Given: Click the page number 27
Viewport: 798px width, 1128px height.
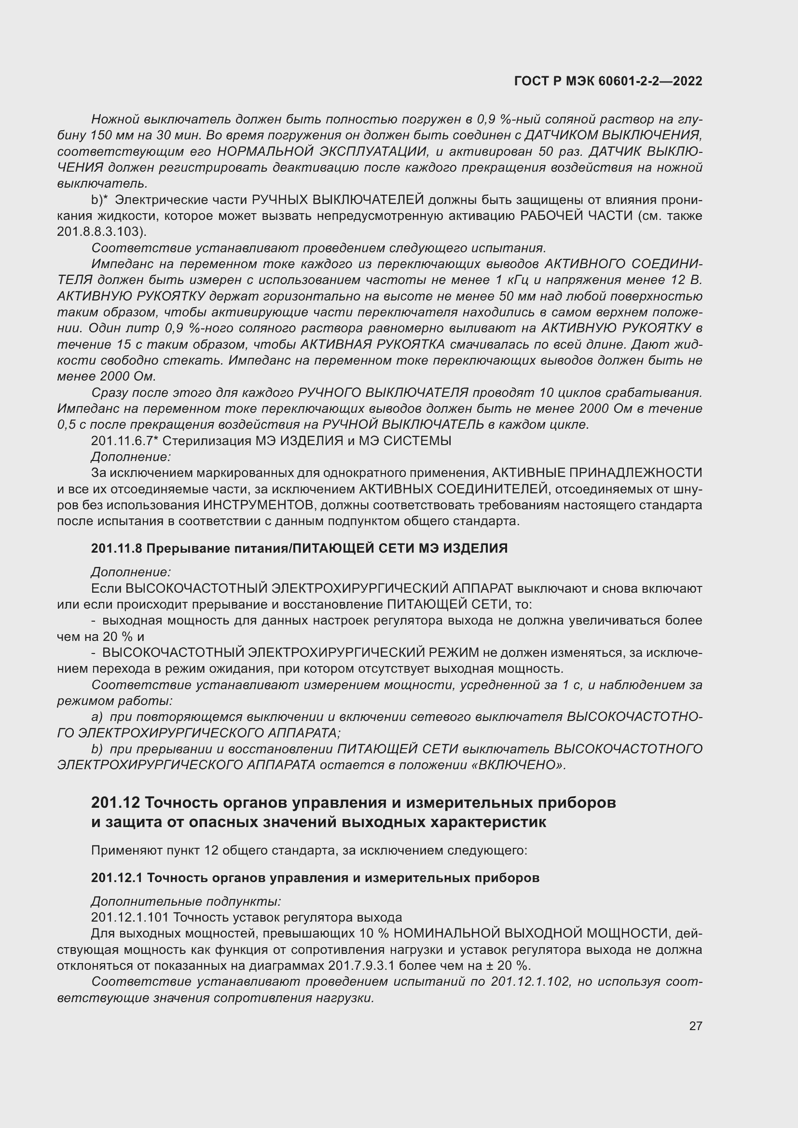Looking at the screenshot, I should point(695,1026).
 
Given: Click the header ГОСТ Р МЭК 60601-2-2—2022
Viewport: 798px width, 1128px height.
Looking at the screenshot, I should point(608,81).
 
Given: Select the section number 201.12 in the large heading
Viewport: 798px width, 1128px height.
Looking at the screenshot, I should point(115,803).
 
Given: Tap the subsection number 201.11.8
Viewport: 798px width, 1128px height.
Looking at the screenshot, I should point(116,548).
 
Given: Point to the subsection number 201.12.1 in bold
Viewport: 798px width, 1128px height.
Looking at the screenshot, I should point(116,878).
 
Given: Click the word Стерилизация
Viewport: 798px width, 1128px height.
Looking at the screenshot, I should point(207,441).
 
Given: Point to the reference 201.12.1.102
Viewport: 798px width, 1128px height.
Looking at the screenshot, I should point(530,981).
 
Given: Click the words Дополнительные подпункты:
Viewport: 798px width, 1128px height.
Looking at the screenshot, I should point(186,901).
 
